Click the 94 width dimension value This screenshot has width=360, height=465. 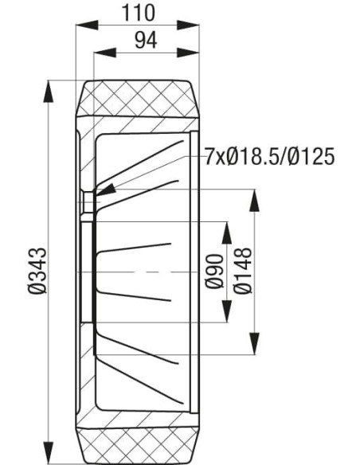(144, 41)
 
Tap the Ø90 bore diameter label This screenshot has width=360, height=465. (213, 272)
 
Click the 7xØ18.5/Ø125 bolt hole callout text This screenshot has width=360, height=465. (268, 156)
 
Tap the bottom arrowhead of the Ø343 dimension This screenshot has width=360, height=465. (51, 456)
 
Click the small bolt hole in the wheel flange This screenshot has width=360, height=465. (87, 203)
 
